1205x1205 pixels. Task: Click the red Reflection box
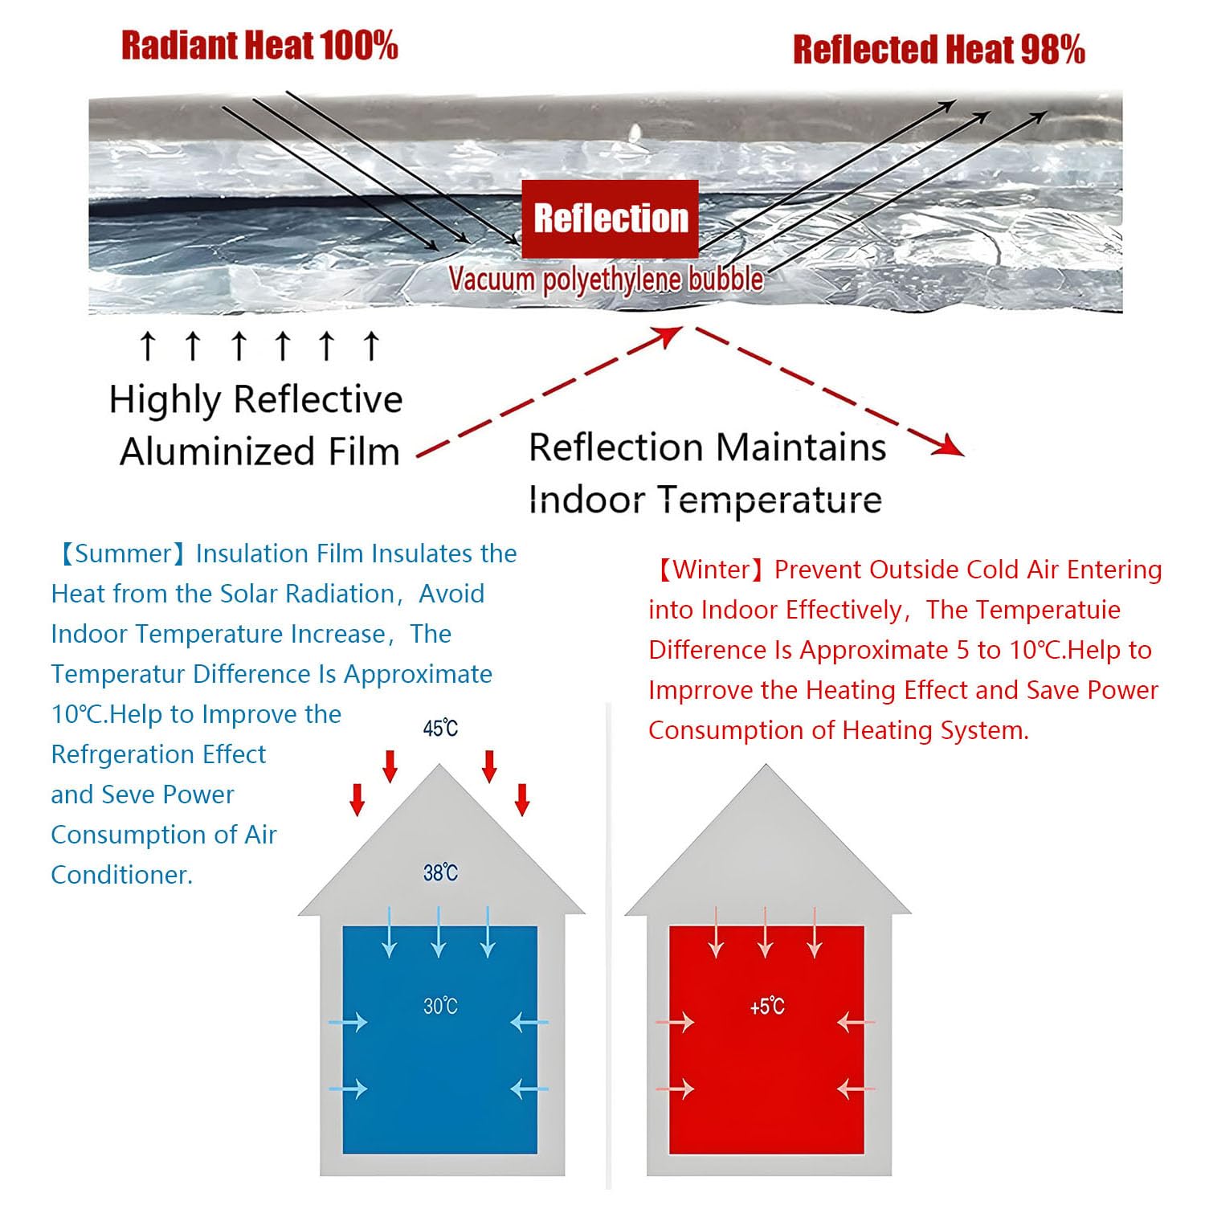(610, 219)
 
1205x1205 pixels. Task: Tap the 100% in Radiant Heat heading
(358, 45)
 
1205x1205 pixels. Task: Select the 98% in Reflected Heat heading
(1052, 50)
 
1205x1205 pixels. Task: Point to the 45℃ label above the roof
(440, 728)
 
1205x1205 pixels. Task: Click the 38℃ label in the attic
(440, 872)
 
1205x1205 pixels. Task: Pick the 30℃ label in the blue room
(440, 1006)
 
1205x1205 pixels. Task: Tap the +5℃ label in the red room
(766, 1007)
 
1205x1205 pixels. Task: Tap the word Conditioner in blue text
(122, 874)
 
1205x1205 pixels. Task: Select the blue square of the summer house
(440, 1040)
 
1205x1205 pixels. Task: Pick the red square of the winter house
(766, 1040)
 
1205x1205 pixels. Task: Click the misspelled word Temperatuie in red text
(1023, 610)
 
